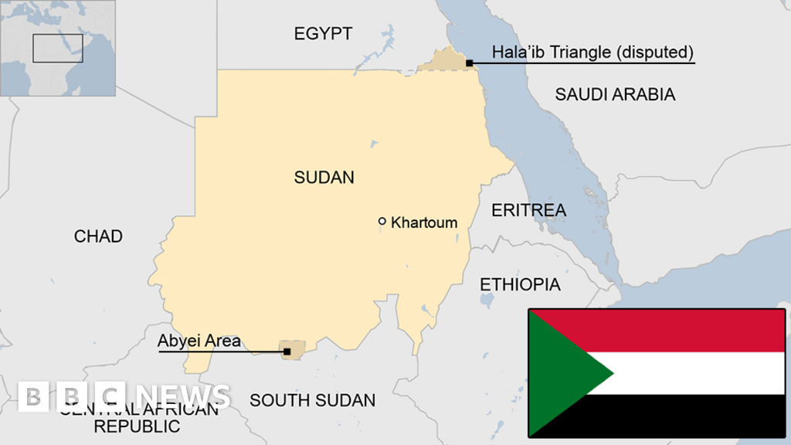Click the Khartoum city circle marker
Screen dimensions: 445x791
pyautogui.click(x=382, y=222)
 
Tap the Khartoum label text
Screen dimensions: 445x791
pyautogui.click(x=424, y=222)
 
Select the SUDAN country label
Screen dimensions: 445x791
pyautogui.click(x=324, y=178)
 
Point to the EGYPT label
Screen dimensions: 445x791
pyautogui.click(x=323, y=33)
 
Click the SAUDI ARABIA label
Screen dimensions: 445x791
pyautogui.click(x=615, y=94)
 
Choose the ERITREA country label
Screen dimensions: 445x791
pyautogui.click(x=528, y=210)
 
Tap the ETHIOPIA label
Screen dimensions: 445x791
pyautogui.click(x=520, y=284)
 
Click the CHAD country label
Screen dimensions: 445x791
pyautogui.click(x=98, y=236)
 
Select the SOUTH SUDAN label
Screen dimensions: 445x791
pyautogui.click(x=312, y=400)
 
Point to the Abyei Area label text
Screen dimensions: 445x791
pyautogui.click(x=199, y=340)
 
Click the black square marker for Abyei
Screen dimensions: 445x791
pyautogui.click(x=287, y=352)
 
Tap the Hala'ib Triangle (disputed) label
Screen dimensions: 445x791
pyautogui.click(x=592, y=53)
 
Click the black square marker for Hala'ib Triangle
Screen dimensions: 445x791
pyautogui.click(x=469, y=63)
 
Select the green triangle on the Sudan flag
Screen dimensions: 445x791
pyautogui.click(x=564, y=372)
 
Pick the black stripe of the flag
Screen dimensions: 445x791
pyautogui.click(x=695, y=416)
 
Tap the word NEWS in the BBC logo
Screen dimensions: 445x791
pyautogui.click(x=181, y=396)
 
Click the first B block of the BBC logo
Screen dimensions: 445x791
pyautogui.click(x=33, y=396)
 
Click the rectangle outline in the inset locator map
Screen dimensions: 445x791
pyautogui.click(x=57, y=48)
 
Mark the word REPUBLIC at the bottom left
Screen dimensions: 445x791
pyautogui.click(x=136, y=426)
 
